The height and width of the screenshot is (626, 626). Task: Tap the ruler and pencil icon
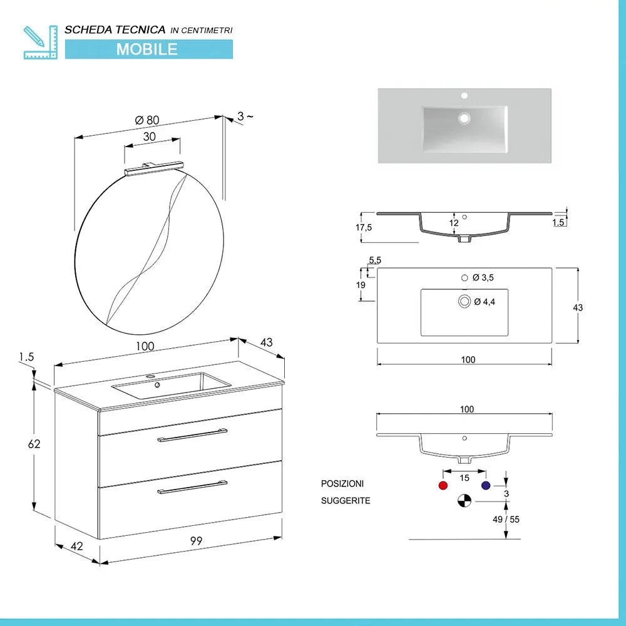point(39,42)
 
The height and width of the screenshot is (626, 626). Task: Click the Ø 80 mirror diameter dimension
point(148,120)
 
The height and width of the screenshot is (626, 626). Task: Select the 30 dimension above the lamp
point(149,136)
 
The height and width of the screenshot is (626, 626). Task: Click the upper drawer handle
point(192,435)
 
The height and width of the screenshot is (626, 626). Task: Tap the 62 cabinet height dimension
point(34,444)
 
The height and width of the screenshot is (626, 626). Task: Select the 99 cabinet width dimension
point(196,541)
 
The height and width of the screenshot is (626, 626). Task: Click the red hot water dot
point(444,485)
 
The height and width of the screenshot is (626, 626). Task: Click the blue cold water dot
point(485,485)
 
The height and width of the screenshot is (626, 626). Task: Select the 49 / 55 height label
point(506,519)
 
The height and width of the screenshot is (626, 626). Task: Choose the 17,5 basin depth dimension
point(364,227)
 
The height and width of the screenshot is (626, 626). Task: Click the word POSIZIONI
point(342,484)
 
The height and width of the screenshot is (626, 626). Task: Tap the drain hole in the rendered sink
point(464,117)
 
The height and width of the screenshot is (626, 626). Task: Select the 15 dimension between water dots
point(464,478)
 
